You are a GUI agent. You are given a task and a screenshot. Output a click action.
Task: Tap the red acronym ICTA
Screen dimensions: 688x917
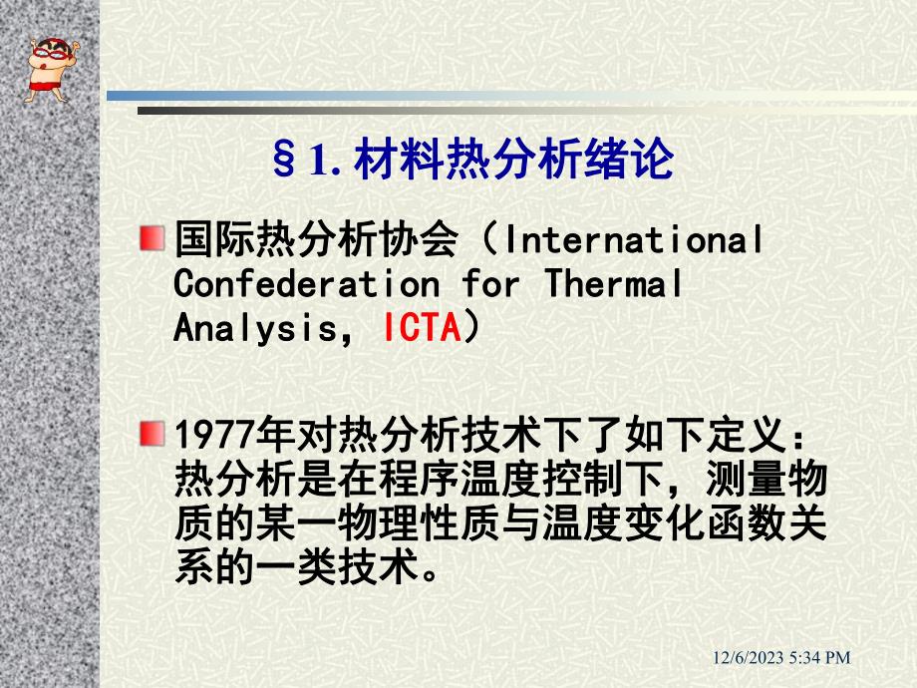[420, 329]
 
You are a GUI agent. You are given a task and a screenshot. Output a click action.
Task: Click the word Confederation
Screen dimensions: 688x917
[306, 284]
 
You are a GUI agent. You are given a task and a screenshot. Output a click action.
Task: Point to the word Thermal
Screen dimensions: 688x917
[613, 284]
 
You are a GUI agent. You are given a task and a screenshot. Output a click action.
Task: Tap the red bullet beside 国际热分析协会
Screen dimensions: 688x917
[151, 237]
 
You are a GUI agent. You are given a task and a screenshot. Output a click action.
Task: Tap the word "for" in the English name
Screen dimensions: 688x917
[490, 284]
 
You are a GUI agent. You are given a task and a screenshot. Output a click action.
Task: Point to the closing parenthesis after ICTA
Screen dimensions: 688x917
[473, 329]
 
